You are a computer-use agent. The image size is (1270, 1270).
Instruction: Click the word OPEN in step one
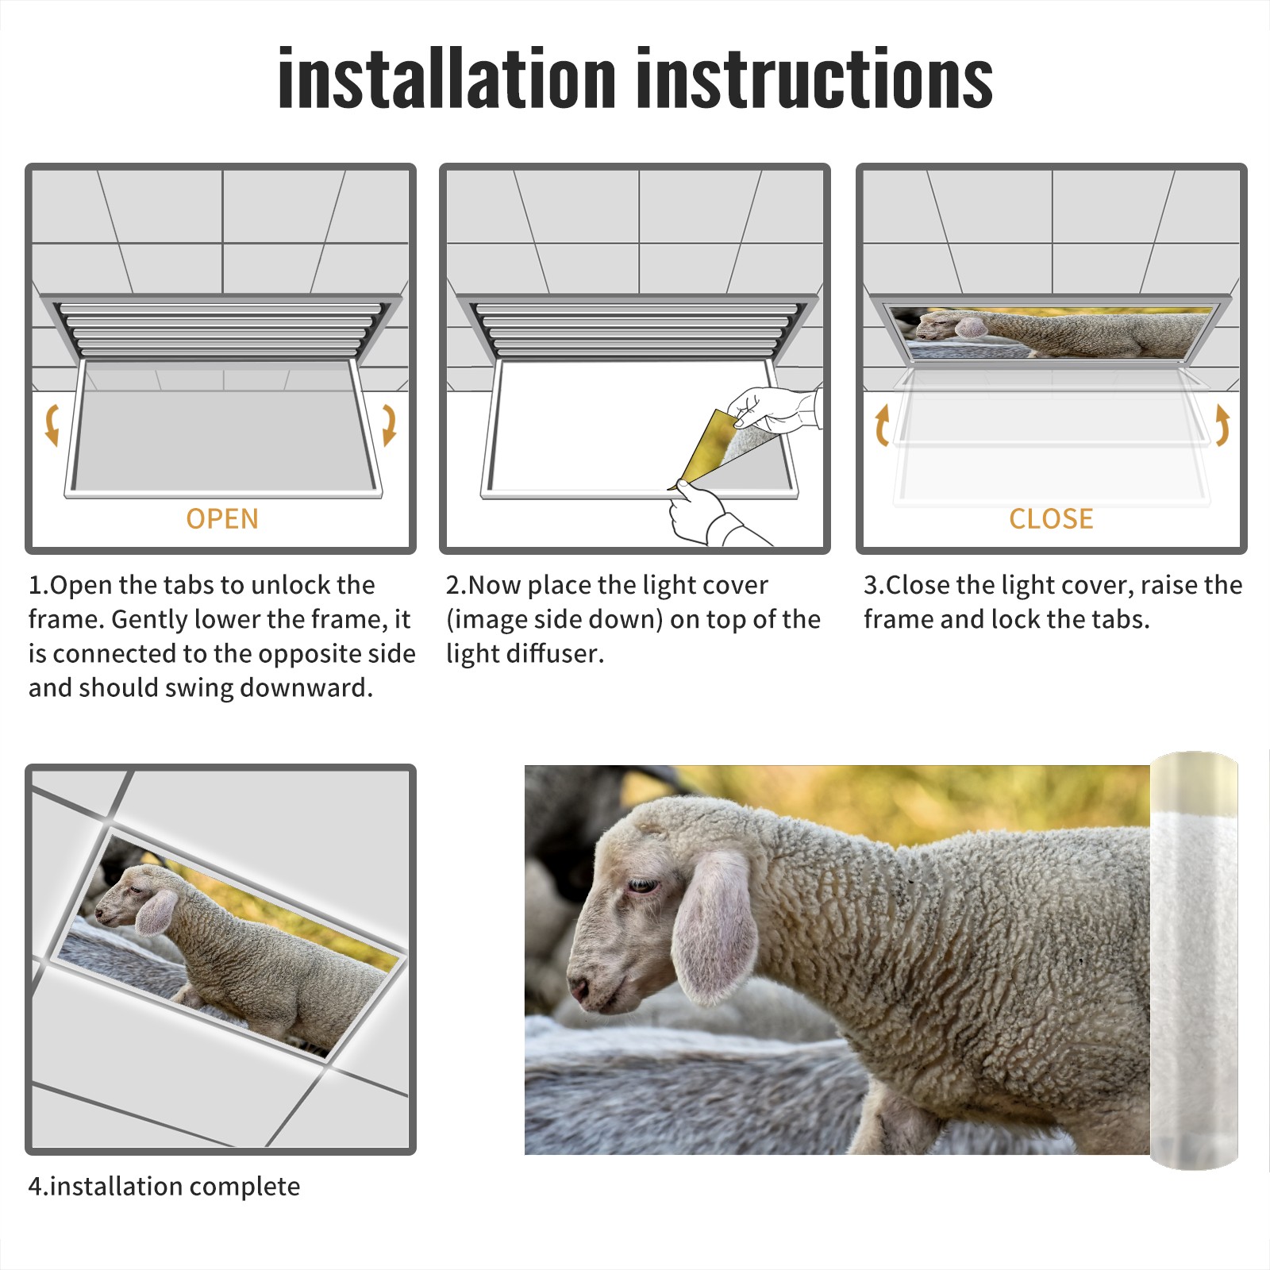[x=222, y=519]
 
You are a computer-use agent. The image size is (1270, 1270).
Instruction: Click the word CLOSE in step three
[x=1051, y=519]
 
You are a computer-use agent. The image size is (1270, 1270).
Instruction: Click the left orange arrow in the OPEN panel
[x=52, y=425]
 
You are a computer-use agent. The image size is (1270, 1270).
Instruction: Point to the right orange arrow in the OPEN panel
[x=389, y=425]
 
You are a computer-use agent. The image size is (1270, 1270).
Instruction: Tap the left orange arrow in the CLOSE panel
[x=881, y=425]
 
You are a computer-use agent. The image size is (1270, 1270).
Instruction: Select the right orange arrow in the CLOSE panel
[x=1222, y=425]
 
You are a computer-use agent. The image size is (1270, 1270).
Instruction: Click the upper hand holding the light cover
[x=774, y=409]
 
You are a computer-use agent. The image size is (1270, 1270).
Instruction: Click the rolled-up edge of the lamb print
[x=1194, y=960]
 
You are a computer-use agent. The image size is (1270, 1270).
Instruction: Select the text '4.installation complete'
[x=164, y=1187]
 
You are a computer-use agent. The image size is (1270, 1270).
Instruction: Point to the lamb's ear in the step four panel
[x=156, y=913]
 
